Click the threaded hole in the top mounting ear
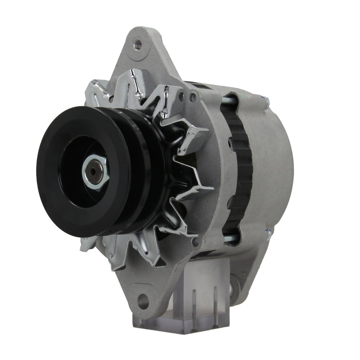[137, 45]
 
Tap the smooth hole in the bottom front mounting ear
[142, 300]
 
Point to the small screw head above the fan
[192, 98]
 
